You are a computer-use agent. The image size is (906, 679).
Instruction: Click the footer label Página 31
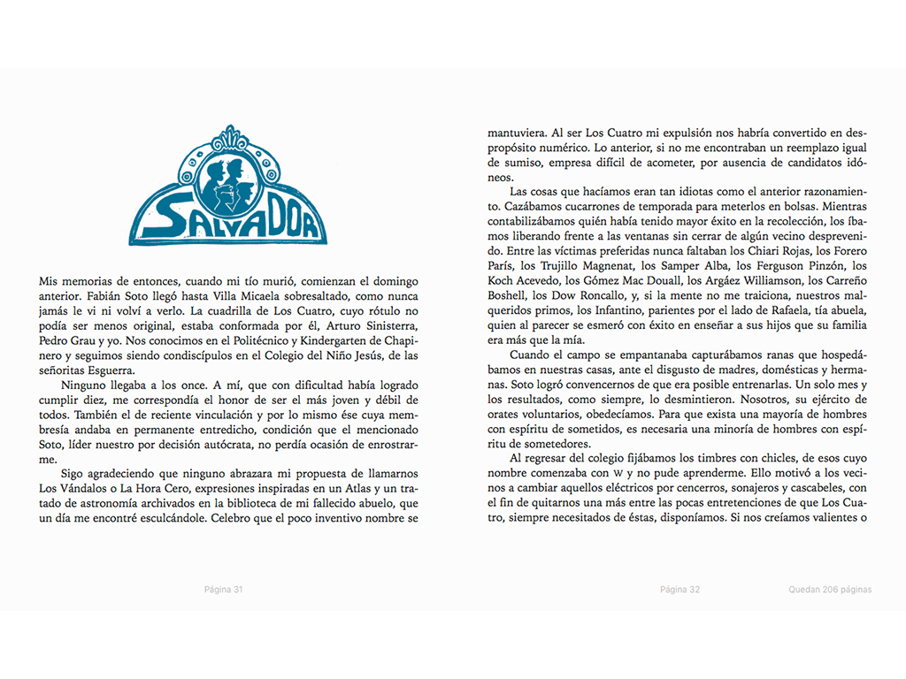click(x=223, y=589)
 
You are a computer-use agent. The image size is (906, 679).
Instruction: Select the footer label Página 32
click(x=680, y=589)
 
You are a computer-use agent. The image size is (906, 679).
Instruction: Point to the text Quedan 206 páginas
click(x=831, y=589)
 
